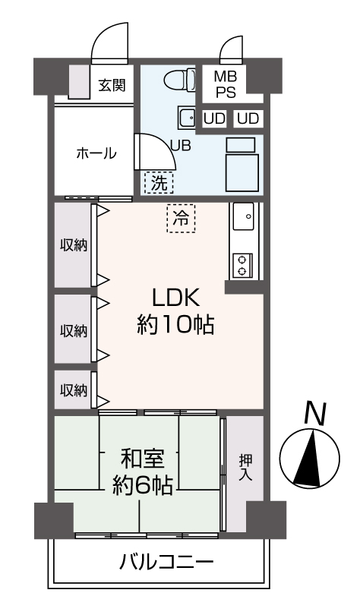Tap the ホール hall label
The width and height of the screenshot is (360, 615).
[95, 153]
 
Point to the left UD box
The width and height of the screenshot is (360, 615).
[214, 119]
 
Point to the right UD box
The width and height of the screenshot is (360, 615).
[248, 119]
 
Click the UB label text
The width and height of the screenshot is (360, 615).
[181, 146]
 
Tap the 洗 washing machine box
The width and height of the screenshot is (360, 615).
[158, 181]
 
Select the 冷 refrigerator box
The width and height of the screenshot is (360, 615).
[181, 219]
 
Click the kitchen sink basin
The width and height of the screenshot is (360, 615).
[245, 219]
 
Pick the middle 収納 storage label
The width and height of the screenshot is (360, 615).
[74, 331]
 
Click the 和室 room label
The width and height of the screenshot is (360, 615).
[141, 458]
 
